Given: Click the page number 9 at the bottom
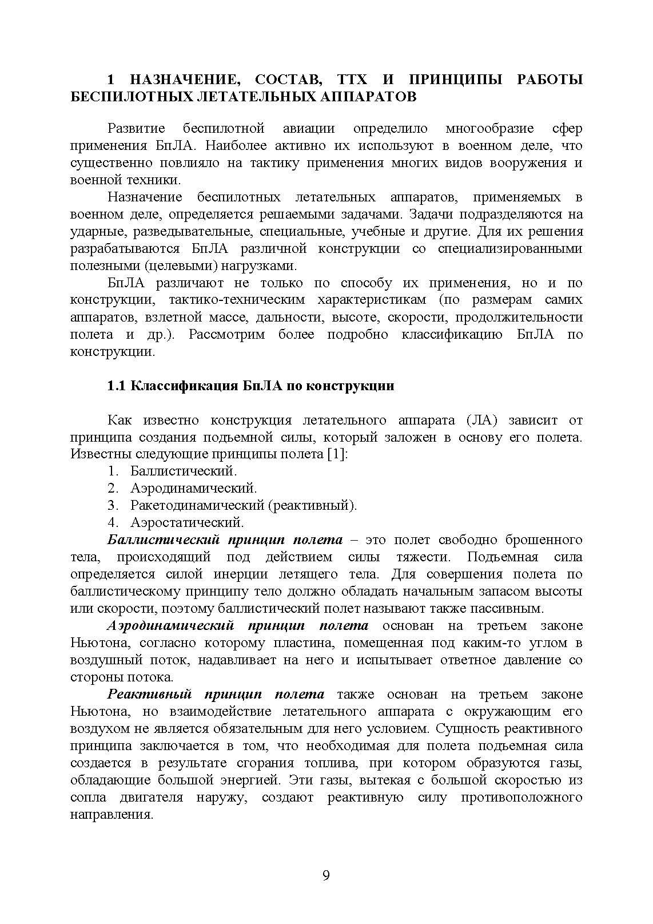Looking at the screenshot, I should [326, 876].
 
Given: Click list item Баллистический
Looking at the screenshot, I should [183, 471].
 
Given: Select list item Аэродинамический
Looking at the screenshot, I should [193, 489].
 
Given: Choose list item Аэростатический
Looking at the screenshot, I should [187, 523].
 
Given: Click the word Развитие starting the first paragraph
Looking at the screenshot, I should [137, 128].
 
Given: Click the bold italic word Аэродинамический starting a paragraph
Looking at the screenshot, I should [168, 626].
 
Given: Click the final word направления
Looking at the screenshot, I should [112, 815].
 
